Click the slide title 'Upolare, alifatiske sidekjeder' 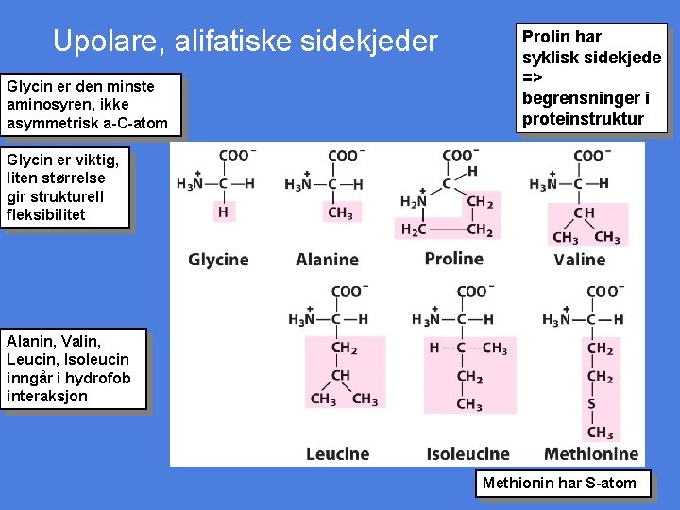[246, 42]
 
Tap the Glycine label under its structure [218, 260]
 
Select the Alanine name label [327, 260]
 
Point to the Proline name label [453, 259]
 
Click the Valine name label [579, 260]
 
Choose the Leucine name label [337, 454]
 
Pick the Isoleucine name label [467, 454]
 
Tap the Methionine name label [591, 454]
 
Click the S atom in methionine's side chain [592, 404]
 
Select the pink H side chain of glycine [223, 212]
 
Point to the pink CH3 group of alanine [340, 213]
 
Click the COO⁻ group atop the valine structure [592, 155]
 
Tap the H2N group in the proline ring [413, 201]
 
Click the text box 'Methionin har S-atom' [559, 484]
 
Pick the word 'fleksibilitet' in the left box [45, 214]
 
